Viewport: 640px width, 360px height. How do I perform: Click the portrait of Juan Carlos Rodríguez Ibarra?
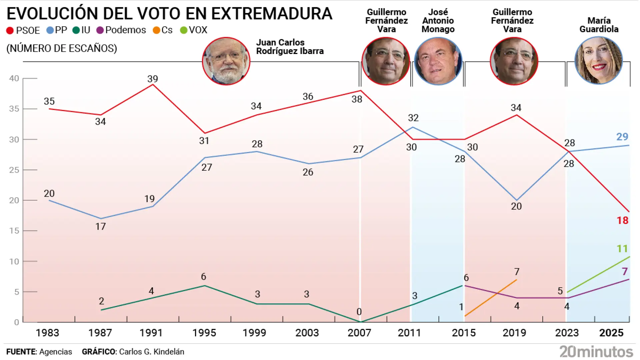point(226,61)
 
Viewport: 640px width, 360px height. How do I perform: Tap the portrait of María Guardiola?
point(599,61)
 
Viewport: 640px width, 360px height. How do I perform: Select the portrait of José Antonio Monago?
point(438,61)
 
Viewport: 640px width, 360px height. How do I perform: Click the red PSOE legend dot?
point(10,31)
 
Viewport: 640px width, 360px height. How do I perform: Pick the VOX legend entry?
point(194,30)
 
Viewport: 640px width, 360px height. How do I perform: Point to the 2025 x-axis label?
point(611,333)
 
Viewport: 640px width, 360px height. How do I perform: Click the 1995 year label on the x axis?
point(204,333)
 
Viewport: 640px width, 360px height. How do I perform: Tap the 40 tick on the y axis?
point(14,78)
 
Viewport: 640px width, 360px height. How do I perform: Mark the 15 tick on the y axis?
point(14,231)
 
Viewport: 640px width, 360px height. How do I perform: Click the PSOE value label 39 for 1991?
point(153,79)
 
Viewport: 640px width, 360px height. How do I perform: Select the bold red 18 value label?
point(622,220)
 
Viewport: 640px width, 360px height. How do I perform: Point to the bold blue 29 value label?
point(622,137)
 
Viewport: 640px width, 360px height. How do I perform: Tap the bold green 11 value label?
point(622,249)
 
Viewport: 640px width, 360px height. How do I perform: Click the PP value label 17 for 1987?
point(100,227)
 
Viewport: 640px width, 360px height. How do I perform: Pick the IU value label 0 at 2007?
point(359,312)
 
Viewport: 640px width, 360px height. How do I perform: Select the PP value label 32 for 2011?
point(413,118)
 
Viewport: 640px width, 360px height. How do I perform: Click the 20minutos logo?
point(596,352)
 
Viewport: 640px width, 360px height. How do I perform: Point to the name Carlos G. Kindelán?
point(152,352)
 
